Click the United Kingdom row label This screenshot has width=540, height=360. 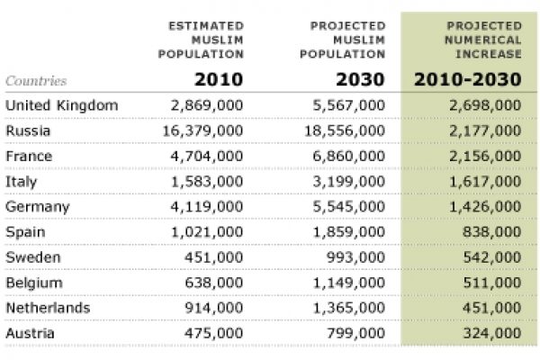pos(62,105)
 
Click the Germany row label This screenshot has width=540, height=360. pos(38,206)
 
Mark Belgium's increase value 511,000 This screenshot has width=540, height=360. pos(491,283)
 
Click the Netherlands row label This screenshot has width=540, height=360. pos(48,308)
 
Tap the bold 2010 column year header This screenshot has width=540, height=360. pos(218,79)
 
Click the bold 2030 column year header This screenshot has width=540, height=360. pos(360,79)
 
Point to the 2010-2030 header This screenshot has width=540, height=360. pos(467,79)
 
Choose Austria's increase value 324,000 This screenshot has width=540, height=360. pos(491,333)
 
